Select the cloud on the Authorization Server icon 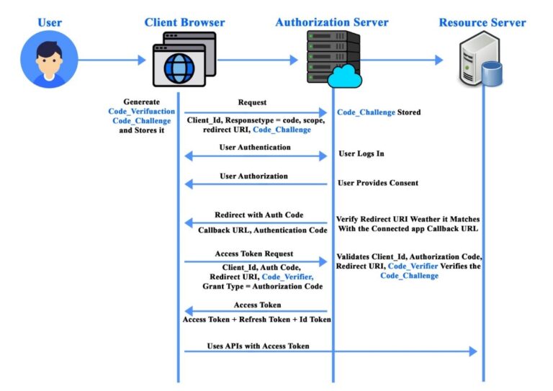pos(348,74)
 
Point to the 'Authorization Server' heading pos(332,22)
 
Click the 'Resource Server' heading pos(482,22)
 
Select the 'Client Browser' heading pos(184,22)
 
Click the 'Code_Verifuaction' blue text pos(141,112)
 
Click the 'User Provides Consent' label pos(378,183)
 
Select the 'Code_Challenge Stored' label pos(379,112)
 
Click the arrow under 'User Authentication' pos(256,156)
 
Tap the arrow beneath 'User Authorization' pos(256,184)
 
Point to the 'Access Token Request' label pos(253,254)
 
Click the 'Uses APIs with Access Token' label pos(258,346)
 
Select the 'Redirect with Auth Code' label pos(255,215)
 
